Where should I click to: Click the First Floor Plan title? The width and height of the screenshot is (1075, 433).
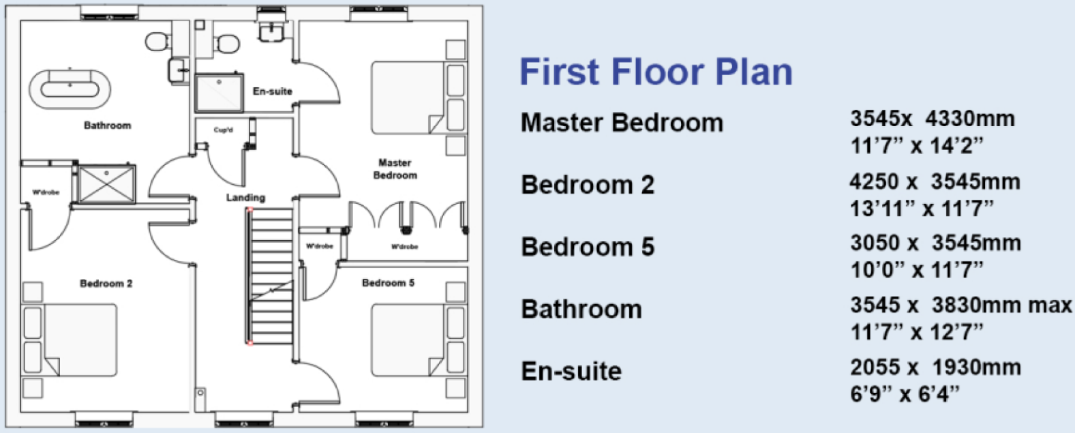click(x=656, y=72)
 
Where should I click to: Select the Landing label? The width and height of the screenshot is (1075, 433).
click(x=245, y=198)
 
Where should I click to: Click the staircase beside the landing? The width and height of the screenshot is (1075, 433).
click(x=271, y=276)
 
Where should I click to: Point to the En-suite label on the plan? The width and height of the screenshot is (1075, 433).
click(x=272, y=91)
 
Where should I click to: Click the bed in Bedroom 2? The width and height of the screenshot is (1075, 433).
click(x=70, y=340)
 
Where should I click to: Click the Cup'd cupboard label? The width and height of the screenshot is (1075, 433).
click(x=223, y=130)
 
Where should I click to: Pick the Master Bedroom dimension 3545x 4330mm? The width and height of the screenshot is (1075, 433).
click(x=932, y=119)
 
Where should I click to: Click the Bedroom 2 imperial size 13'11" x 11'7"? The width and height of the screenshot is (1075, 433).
click(x=921, y=209)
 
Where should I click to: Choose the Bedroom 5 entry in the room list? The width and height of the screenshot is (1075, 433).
click(x=587, y=247)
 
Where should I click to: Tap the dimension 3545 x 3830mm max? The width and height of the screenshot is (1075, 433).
click(x=960, y=305)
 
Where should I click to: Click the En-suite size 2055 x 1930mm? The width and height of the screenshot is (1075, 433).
click(x=935, y=368)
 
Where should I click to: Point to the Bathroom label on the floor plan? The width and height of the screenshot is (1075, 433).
click(x=107, y=125)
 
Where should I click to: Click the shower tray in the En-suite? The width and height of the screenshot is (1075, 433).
click(x=219, y=92)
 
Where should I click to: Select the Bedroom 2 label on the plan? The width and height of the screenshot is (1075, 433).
click(x=106, y=284)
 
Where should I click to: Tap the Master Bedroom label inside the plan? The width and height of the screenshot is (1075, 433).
click(x=395, y=169)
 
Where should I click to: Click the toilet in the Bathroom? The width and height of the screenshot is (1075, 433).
click(x=157, y=41)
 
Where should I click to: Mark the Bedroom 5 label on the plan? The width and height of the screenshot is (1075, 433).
click(x=388, y=283)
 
